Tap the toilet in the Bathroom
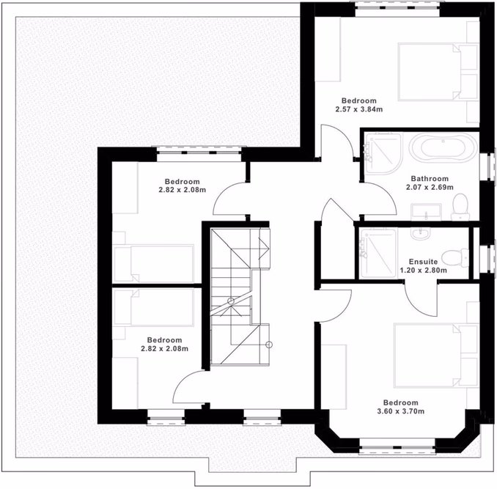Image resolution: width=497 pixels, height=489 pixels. (460, 207)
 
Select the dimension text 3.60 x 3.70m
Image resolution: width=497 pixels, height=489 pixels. (400, 412)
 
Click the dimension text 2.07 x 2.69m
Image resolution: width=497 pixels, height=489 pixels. (430, 187)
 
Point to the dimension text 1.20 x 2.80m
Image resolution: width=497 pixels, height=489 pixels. (423, 270)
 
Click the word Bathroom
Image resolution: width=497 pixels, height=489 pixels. (430, 178)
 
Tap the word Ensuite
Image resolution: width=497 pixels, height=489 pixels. (423, 261)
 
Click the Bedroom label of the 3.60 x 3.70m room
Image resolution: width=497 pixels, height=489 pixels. (400, 402)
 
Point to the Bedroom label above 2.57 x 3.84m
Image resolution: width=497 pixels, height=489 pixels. (358, 100)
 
